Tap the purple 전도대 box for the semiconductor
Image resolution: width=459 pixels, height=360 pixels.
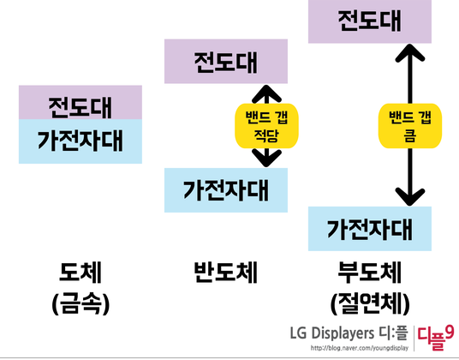tap(225, 62)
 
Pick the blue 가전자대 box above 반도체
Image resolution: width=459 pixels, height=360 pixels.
tap(225, 189)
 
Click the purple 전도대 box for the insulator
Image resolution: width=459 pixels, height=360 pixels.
tap(369, 21)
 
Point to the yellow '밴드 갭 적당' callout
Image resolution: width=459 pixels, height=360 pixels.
tap(259, 126)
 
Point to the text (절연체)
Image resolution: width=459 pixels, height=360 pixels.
tap(370, 303)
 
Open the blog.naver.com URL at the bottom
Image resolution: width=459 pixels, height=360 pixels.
tap(355, 348)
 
